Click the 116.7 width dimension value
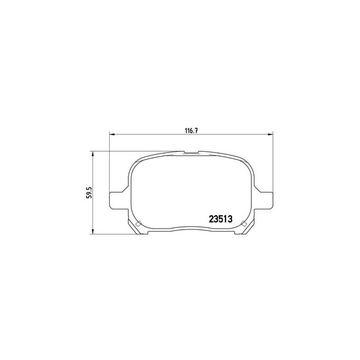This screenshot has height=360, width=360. pos(191,131)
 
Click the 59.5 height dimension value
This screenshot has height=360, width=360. pos(89,193)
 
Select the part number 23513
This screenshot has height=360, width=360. pos(220,219)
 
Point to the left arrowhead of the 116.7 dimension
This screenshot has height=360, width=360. pos(112,134)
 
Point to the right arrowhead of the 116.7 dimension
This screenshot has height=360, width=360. pos(270,134)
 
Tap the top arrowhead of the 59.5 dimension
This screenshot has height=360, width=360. pos(92,154)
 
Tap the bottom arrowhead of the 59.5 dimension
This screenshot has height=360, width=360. pos(92,231)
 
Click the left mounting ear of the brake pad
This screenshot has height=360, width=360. pos(118,200)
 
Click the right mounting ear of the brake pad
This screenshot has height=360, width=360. pos(264,200)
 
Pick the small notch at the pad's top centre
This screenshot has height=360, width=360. pos(191,152)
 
